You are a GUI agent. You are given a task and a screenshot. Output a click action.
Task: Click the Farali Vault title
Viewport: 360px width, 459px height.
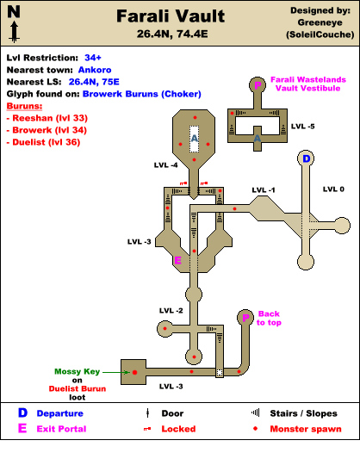(171, 16)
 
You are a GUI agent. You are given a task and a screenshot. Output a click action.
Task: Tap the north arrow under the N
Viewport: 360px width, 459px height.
(14, 32)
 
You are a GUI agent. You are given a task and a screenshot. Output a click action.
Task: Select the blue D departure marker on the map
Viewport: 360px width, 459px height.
(306, 158)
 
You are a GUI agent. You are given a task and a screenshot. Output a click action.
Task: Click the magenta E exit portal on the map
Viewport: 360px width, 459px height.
(177, 260)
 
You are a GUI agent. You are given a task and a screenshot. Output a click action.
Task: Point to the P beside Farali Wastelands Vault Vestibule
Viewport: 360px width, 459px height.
(258, 85)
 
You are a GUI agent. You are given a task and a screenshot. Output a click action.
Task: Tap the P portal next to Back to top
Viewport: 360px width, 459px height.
(245, 318)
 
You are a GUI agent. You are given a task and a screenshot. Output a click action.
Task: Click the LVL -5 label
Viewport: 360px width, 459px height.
(302, 127)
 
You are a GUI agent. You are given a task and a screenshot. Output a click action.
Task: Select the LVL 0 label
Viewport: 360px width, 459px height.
(333, 189)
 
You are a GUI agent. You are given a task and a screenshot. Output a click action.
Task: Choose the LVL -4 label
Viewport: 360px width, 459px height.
(165, 165)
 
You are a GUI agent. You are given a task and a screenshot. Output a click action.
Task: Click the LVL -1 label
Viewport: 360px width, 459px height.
(264, 190)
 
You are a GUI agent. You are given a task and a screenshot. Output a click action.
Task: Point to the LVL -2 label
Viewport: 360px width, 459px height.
(171, 311)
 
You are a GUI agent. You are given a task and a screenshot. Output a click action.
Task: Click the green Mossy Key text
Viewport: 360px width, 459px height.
(78, 371)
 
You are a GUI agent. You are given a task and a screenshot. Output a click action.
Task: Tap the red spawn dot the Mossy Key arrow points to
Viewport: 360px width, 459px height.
(134, 372)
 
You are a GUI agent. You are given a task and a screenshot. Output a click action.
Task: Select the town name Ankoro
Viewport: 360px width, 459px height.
(95, 70)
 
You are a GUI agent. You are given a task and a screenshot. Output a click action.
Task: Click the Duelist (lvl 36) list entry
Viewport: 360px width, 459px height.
(43, 142)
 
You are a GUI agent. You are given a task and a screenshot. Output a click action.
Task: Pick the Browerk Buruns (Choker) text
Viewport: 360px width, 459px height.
(141, 94)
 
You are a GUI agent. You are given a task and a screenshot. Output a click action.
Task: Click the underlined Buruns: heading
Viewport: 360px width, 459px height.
(24, 106)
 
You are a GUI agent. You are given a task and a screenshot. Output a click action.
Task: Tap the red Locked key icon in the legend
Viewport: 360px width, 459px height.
(147, 429)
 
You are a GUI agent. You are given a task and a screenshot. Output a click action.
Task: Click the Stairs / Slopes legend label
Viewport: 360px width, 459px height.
(303, 413)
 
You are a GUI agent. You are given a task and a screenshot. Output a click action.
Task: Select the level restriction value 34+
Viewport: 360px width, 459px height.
(93, 58)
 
